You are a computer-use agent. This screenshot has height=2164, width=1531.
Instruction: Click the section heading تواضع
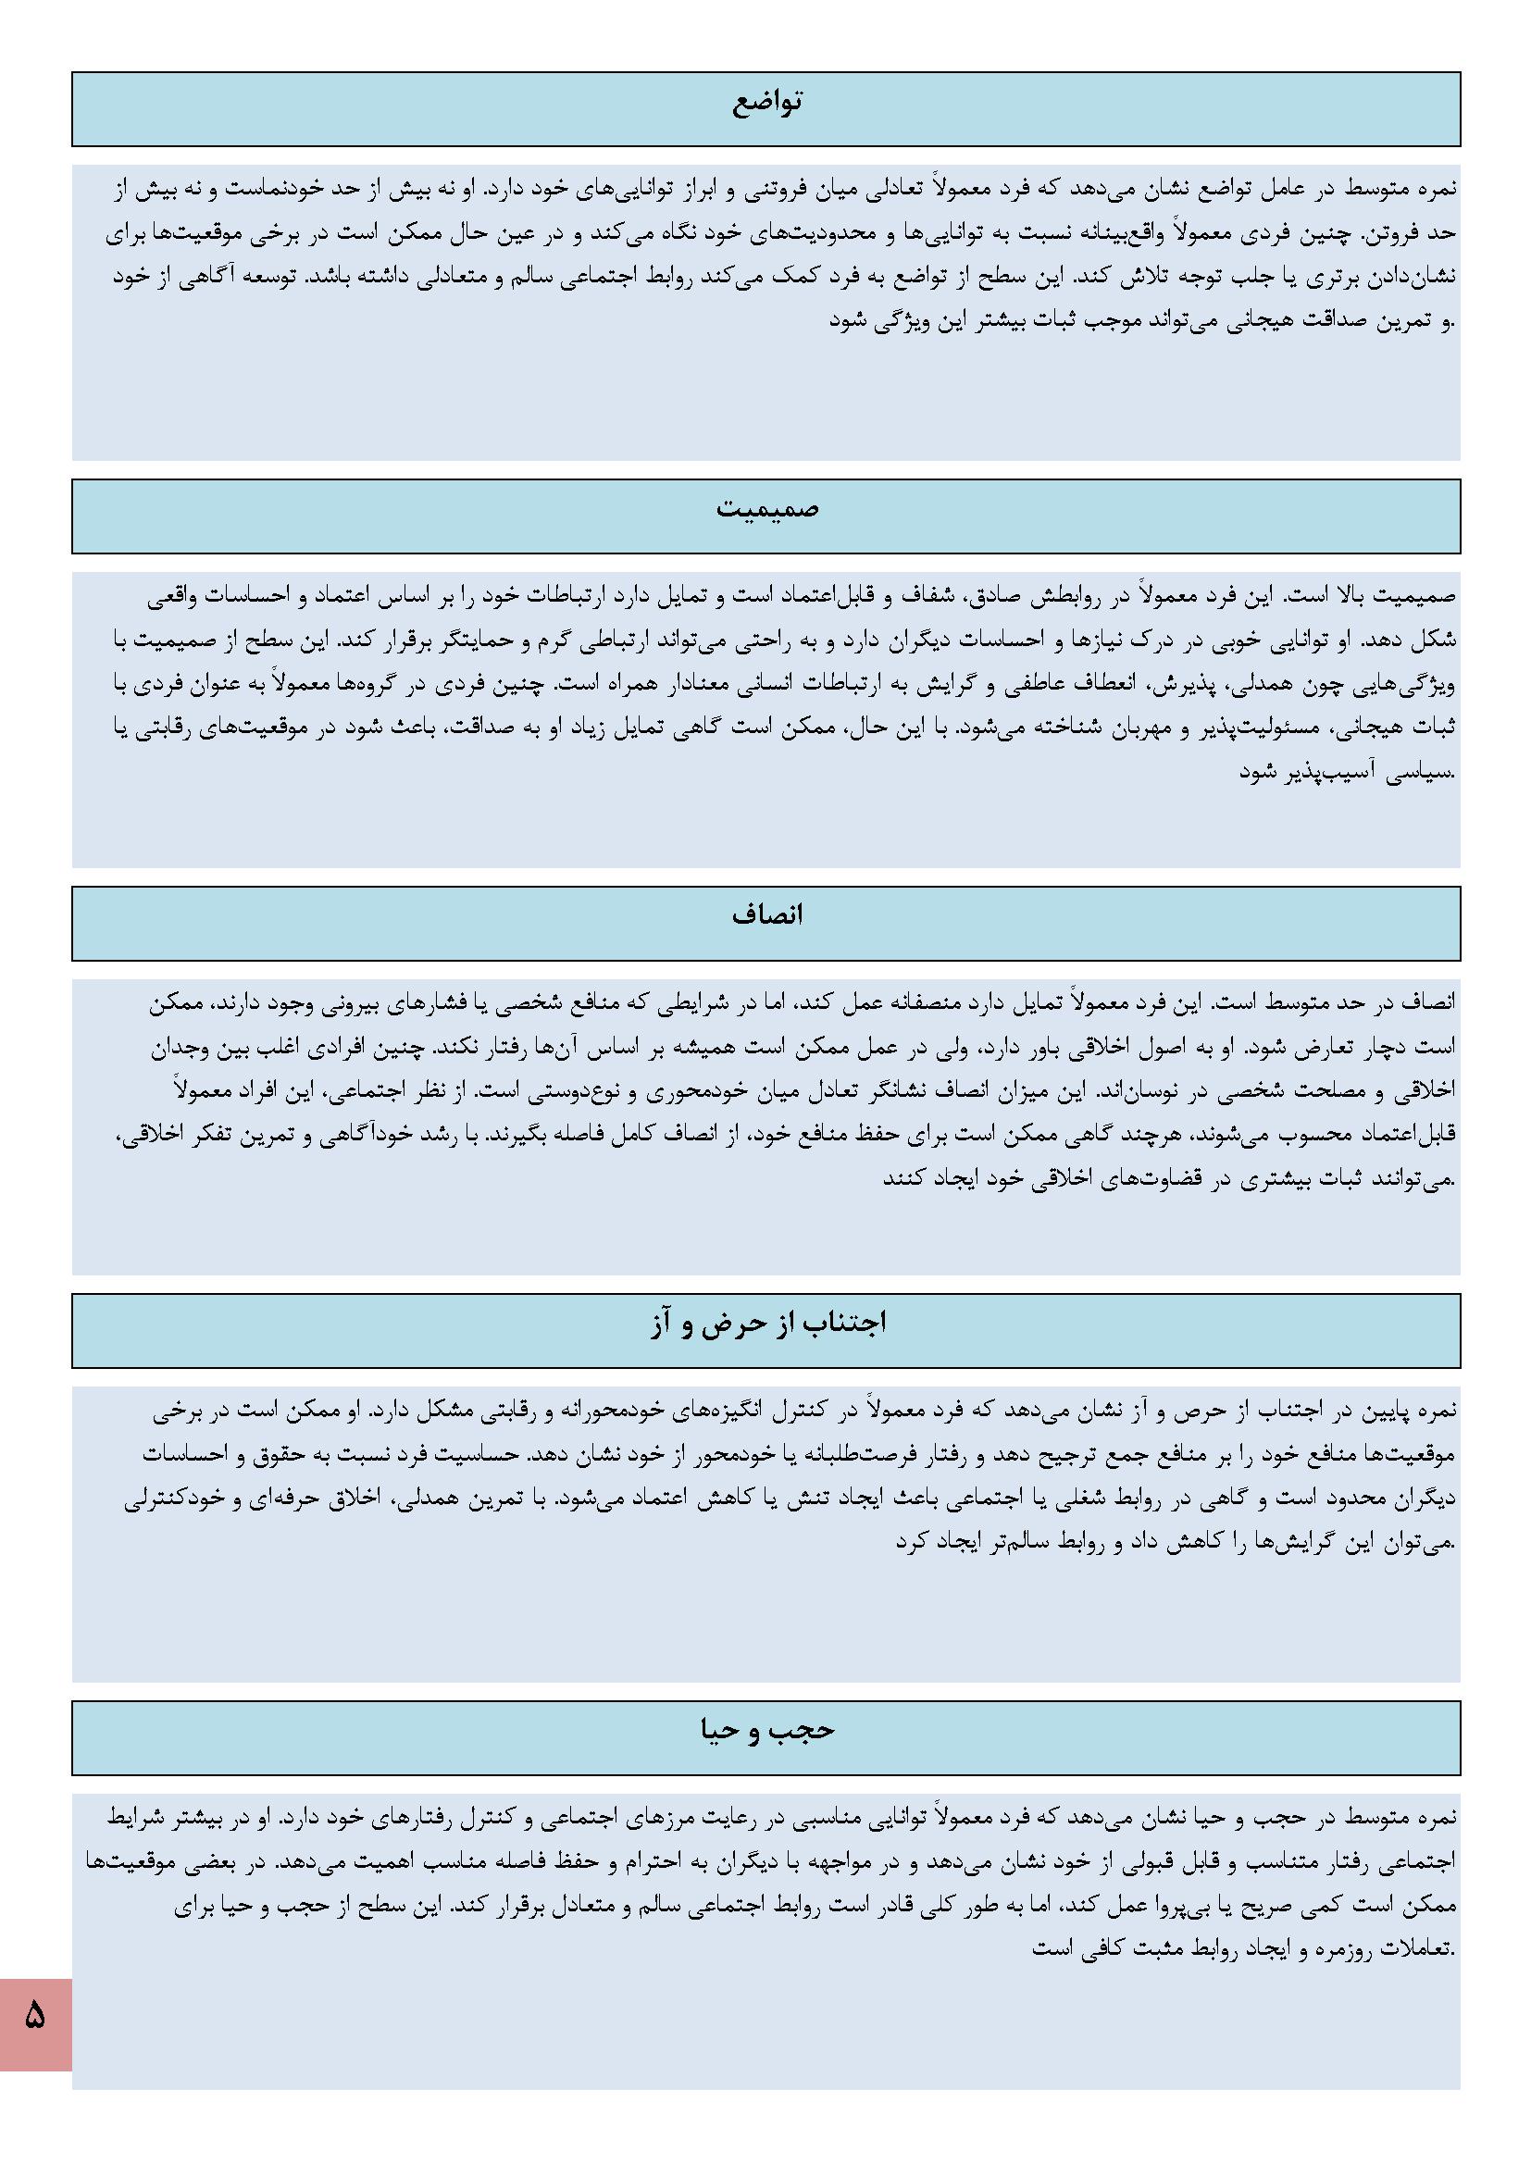click(x=765, y=102)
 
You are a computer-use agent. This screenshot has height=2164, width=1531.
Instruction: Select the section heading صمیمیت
click(x=765, y=510)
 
